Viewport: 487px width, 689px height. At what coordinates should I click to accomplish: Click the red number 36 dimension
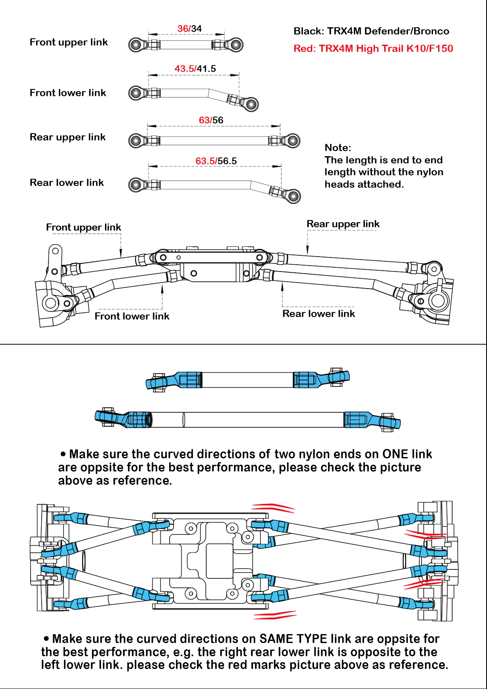click(183, 29)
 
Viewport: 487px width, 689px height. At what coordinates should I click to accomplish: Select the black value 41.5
click(206, 69)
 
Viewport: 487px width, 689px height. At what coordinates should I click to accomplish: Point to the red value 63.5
click(205, 161)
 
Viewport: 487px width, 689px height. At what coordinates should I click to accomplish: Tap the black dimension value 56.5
click(227, 161)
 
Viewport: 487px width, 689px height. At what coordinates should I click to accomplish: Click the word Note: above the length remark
click(338, 148)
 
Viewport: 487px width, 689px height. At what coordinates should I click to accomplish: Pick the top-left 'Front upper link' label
click(68, 42)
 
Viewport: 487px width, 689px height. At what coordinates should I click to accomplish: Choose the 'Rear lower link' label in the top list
click(67, 183)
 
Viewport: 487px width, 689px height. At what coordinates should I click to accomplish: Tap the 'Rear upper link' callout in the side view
click(343, 224)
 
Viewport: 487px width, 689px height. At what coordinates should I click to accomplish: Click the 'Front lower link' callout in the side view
click(132, 316)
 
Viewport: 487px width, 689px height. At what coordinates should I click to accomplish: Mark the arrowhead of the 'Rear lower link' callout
click(282, 286)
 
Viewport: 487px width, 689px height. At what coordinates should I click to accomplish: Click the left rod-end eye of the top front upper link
click(135, 45)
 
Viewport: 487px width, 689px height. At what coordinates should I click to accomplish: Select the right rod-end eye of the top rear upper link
click(293, 140)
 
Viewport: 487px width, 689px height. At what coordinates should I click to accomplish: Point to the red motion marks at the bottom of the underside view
click(275, 615)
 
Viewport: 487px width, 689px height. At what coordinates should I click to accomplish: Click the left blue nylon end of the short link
click(174, 380)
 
